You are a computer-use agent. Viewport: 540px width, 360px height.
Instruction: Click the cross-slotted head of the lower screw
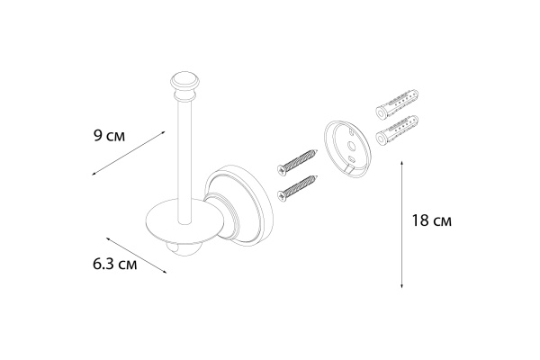click(281, 192)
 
